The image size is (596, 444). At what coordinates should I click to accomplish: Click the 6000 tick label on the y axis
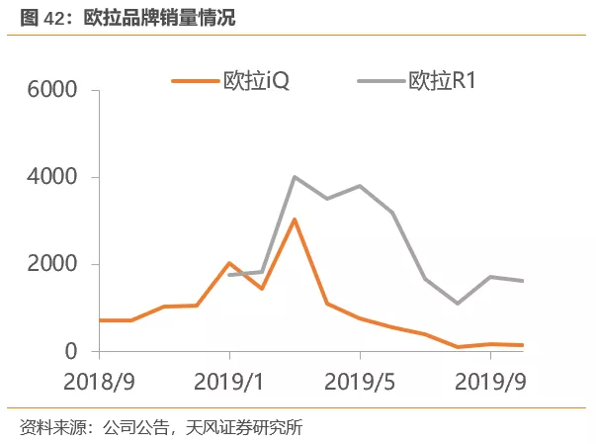coord(55,91)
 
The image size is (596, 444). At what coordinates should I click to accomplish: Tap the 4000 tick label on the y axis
coord(55,178)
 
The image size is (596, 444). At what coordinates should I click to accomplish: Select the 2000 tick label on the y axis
coord(55,265)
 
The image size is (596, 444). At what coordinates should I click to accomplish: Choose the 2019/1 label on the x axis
coord(229,382)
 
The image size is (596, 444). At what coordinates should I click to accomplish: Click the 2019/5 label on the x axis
coord(361,382)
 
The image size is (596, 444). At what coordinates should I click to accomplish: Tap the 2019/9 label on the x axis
coord(491,382)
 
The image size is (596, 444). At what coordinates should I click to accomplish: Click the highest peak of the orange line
coord(295,220)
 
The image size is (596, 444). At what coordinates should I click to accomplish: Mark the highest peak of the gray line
coord(295,177)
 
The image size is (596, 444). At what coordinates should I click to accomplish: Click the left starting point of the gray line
coord(229,274)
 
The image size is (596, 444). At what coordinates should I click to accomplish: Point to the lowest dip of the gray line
coord(458,304)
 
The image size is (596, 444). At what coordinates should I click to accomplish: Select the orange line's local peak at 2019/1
coord(229,263)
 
